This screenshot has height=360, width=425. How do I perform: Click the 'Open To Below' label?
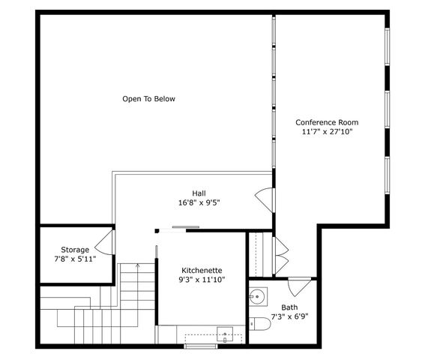[x=148, y=99]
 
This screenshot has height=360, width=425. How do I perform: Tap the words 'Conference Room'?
[x=327, y=122]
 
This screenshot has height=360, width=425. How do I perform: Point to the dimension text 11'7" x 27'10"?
[x=327, y=132]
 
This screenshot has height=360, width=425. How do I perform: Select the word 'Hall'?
[x=199, y=193]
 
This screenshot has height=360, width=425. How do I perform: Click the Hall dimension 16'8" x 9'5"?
[x=199, y=202]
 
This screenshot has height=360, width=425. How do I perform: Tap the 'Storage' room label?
[x=75, y=250]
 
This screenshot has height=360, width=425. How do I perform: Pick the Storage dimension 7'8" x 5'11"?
[x=75, y=259]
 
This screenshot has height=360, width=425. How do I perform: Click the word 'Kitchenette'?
[x=202, y=270]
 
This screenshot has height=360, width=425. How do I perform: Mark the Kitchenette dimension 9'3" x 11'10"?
[x=202, y=280]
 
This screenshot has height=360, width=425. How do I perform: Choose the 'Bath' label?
[x=289, y=307]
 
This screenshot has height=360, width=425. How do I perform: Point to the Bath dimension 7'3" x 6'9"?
[x=289, y=316]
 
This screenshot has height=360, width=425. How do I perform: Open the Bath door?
[x=300, y=285]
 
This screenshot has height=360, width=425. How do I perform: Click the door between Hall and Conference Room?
[x=265, y=199]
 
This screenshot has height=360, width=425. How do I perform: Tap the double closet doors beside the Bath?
[x=281, y=255]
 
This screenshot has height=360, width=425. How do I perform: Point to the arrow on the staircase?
[x=137, y=267]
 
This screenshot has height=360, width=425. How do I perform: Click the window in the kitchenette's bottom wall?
[x=201, y=346]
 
